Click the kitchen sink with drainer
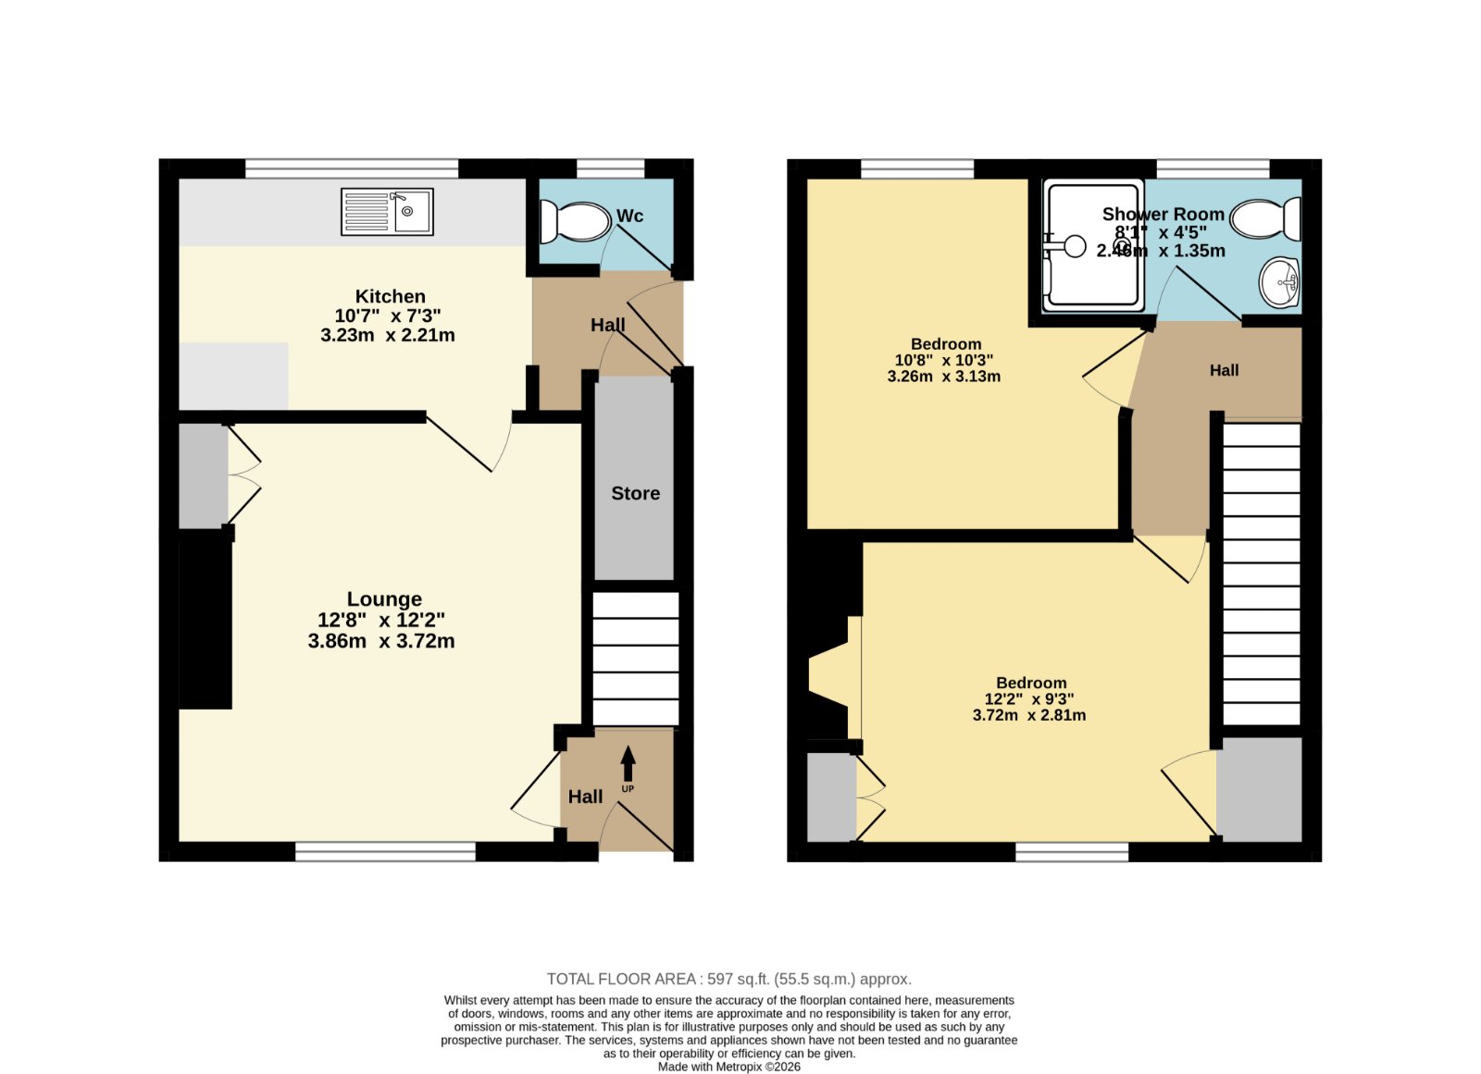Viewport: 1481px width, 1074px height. (388, 212)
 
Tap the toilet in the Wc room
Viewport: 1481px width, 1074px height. (575, 222)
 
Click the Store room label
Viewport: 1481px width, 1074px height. (635, 494)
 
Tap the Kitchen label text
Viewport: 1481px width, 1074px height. (390, 296)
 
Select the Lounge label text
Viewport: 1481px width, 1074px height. (384, 599)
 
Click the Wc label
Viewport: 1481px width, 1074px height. (629, 216)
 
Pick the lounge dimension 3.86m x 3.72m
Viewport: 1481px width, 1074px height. (380, 641)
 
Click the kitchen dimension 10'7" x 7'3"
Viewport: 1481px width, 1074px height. (388, 315)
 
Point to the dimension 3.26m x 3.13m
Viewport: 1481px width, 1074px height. (943, 377)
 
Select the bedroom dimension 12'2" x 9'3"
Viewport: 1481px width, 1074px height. (1028, 698)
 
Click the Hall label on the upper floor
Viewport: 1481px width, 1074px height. (1224, 371)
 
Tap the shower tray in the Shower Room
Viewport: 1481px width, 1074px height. (1093, 246)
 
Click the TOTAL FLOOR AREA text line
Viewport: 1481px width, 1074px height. (729, 979)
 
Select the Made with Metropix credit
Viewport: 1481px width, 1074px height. (728, 1067)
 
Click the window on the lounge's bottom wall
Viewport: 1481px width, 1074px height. (385, 851)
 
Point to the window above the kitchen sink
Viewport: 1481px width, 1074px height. (352, 168)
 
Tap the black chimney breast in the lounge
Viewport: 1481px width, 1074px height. (205, 618)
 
